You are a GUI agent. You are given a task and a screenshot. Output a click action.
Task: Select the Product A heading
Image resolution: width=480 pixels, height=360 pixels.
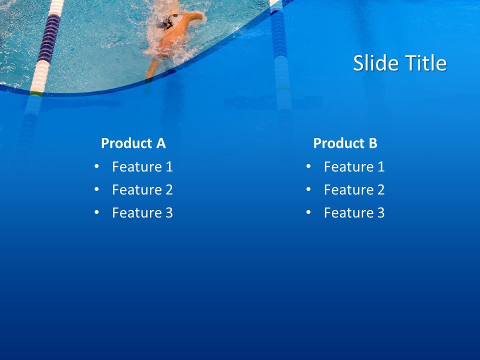133,143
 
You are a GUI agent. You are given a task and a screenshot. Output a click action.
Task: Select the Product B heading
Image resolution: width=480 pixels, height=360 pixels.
345,143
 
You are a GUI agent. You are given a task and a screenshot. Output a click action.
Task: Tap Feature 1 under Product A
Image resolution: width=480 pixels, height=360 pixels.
142,166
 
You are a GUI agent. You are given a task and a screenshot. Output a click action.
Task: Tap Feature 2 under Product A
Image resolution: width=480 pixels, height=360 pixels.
142,189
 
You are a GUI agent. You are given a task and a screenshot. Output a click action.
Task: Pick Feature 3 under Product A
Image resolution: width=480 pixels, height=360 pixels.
142,212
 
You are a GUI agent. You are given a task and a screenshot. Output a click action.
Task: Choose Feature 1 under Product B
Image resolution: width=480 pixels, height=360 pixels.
354,166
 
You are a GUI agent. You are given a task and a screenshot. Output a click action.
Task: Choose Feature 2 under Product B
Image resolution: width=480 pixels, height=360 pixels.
354,189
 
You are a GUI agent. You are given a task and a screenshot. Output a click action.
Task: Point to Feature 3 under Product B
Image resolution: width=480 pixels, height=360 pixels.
354,212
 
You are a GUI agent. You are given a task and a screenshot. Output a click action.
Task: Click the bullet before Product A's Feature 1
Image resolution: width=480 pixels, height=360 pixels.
96,166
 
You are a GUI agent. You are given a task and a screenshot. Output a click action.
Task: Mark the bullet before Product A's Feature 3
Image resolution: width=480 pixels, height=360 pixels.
96,212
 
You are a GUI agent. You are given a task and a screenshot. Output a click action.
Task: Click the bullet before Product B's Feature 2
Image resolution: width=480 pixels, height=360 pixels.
308,189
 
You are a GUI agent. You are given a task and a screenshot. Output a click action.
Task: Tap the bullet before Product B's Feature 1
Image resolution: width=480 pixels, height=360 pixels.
308,166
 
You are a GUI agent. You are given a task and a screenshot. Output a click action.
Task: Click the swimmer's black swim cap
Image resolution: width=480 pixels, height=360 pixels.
169,21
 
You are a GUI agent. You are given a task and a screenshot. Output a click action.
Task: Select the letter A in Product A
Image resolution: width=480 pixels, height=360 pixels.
160,143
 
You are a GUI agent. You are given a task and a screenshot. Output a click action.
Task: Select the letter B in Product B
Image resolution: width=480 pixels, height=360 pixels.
372,143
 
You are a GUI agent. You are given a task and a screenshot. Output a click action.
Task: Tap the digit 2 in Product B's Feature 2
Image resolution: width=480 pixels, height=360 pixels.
381,189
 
